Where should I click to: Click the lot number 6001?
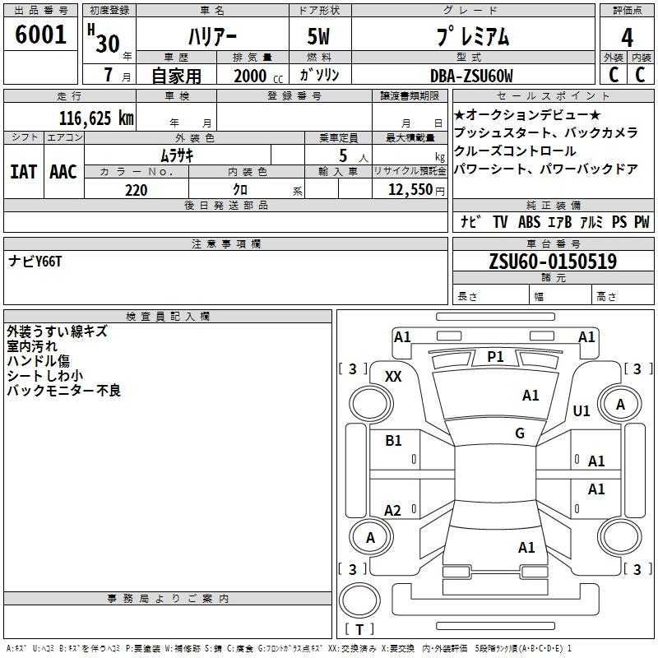[x=40, y=35]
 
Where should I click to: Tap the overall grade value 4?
[x=627, y=38]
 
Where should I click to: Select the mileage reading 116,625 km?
[x=96, y=118]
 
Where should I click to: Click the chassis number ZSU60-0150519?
[x=553, y=262]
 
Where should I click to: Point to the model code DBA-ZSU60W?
[x=471, y=76]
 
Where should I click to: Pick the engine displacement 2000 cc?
[x=258, y=76]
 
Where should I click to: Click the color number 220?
[x=137, y=190]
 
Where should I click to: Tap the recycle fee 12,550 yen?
[x=416, y=190]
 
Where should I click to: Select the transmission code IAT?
[x=23, y=172]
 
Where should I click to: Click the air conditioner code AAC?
[x=63, y=172]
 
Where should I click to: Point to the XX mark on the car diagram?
[x=393, y=377]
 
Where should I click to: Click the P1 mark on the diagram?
[x=495, y=357]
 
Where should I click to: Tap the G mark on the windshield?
[x=520, y=433]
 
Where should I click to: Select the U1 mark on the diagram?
[x=582, y=410]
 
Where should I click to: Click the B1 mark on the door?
[x=393, y=440]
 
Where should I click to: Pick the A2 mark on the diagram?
[x=393, y=510]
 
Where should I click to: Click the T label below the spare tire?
[x=359, y=629]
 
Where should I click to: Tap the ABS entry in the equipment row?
[x=529, y=221]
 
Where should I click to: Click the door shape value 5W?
[x=318, y=36]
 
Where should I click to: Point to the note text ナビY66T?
[x=35, y=262]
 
